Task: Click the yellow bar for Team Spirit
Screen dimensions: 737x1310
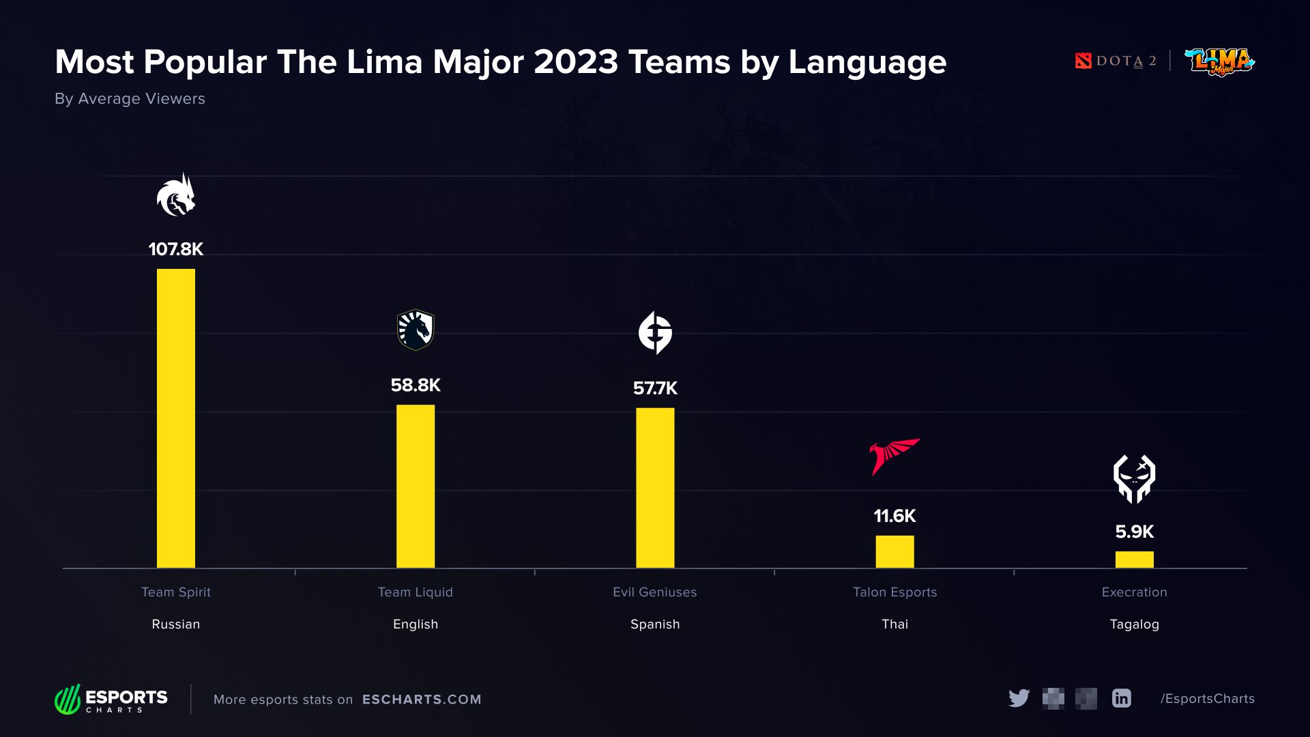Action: click(x=176, y=418)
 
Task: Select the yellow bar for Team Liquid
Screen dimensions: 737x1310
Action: click(x=416, y=486)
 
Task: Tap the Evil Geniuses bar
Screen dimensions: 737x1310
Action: click(x=655, y=487)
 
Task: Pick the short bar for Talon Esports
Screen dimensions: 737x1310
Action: click(x=894, y=551)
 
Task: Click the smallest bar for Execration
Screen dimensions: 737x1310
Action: click(x=1134, y=560)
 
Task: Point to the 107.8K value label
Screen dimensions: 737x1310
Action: click(x=176, y=249)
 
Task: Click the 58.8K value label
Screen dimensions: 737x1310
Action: click(x=416, y=386)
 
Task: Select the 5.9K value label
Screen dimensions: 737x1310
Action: click(x=1134, y=532)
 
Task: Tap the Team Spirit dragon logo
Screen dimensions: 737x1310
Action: click(x=176, y=196)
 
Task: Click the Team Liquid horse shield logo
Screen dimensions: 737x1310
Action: click(x=416, y=330)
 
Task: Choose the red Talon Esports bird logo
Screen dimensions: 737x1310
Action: click(x=894, y=456)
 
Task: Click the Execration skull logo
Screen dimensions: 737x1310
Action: click(x=1134, y=479)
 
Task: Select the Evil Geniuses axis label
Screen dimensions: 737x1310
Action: click(x=655, y=592)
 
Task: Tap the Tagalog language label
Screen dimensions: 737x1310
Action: click(x=1134, y=624)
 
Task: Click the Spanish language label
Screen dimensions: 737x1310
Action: click(x=655, y=624)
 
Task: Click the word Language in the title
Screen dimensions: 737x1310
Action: click(x=867, y=63)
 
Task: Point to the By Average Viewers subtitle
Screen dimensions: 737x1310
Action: click(x=130, y=99)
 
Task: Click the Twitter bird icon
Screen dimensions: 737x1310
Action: click(x=1019, y=698)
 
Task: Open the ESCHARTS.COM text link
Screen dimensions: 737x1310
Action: click(x=422, y=699)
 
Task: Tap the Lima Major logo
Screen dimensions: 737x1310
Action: click(x=1220, y=61)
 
